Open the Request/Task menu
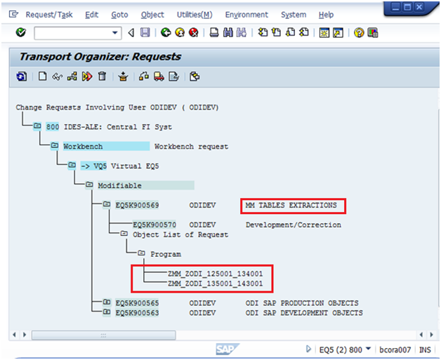(x=49, y=15)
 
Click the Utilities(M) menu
(x=195, y=15)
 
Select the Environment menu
(x=246, y=15)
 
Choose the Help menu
(x=326, y=15)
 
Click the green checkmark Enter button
(x=21, y=32)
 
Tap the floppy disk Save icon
(x=145, y=32)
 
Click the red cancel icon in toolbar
(x=194, y=32)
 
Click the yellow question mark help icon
(x=359, y=33)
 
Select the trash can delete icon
(x=102, y=76)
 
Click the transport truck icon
(x=159, y=76)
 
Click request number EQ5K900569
(x=137, y=205)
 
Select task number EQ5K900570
(x=154, y=225)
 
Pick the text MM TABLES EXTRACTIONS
(x=291, y=205)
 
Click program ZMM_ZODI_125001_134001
(x=215, y=274)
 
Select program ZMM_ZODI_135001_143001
(x=215, y=284)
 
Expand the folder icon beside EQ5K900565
(x=107, y=302)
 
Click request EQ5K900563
(x=137, y=313)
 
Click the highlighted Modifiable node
(x=119, y=185)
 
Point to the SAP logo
(x=227, y=349)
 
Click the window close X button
(x=419, y=7)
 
